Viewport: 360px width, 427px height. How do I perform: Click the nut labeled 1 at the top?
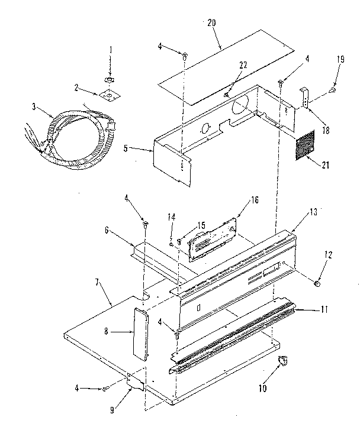tap(109, 80)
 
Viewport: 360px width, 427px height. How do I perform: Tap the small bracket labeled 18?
tap(304, 96)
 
